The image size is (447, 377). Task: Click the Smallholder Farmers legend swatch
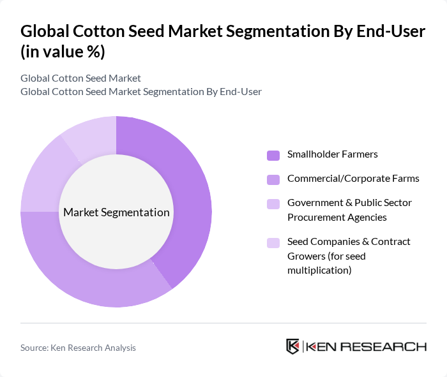pos(273,155)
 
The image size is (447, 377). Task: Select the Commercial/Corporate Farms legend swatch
pos(273,179)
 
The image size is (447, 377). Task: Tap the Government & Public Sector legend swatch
pos(273,203)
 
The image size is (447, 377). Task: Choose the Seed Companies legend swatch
pos(273,242)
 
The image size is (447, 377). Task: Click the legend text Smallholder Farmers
pos(332,154)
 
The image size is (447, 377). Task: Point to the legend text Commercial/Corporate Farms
pos(353,179)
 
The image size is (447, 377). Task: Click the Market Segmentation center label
pos(116,212)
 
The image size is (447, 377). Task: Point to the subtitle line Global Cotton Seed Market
pos(80,78)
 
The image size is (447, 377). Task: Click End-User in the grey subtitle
pos(241,92)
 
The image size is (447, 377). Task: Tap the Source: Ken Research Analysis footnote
pos(78,348)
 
